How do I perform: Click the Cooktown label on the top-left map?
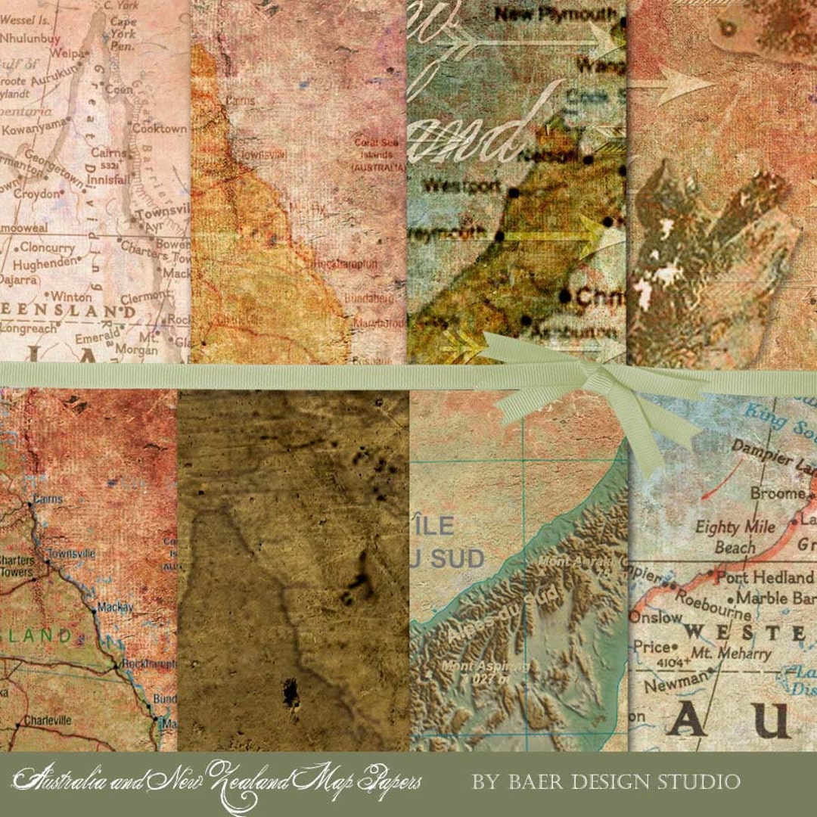click(159, 129)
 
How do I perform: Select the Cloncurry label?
click(47, 247)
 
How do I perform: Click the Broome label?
click(778, 493)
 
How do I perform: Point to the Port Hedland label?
click(764, 577)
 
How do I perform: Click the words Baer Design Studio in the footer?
click(606, 781)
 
